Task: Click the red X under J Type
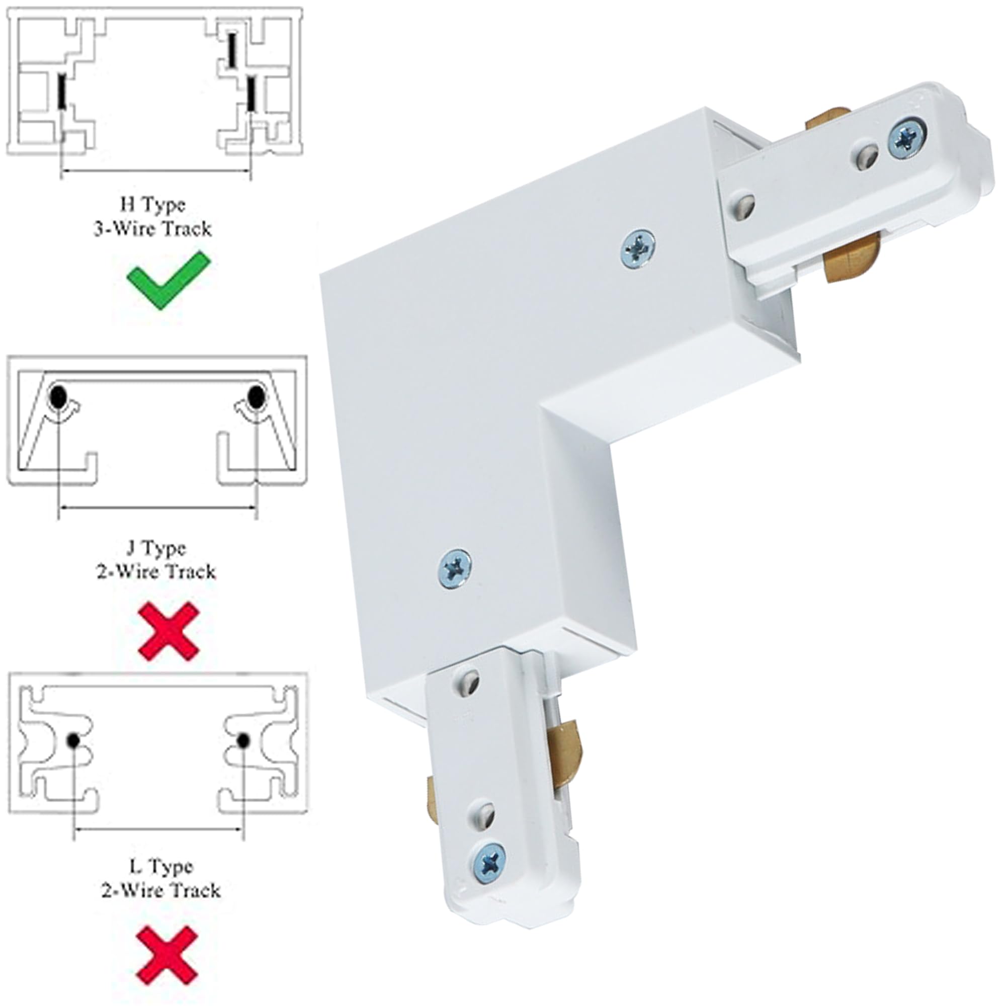coord(168,632)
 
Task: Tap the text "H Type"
coord(153,205)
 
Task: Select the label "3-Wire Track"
coord(153,229)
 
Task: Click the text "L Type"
coord(161,867)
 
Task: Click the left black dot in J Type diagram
coord(58,398)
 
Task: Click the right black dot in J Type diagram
coord(255,397)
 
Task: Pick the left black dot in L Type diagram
coord(73,740)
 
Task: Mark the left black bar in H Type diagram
coord(61,92)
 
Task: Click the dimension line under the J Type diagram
coord(157,507)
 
